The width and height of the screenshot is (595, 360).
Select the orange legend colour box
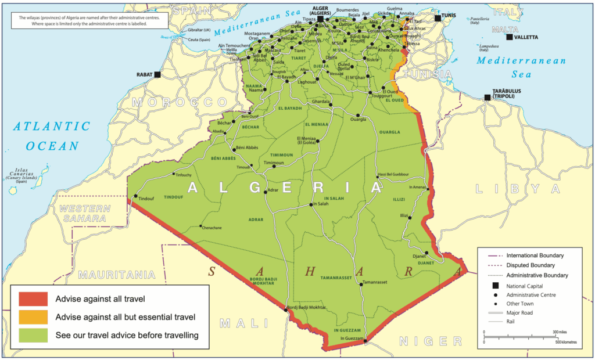[x=33, y=317]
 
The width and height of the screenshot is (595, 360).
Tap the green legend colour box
[x=33, y=335]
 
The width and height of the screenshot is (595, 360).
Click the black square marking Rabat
[x=157, y=74]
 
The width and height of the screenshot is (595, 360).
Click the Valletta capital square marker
[x=510, y=37]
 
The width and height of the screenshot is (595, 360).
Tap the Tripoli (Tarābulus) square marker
[x=488, y=98]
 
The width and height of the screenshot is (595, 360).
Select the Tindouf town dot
[x=136, y=196]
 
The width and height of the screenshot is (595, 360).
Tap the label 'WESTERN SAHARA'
[x=85, y=213]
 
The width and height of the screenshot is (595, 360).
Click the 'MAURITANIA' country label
[x=117, y=274]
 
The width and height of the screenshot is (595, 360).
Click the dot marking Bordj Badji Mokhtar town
[x=286, y=310]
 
